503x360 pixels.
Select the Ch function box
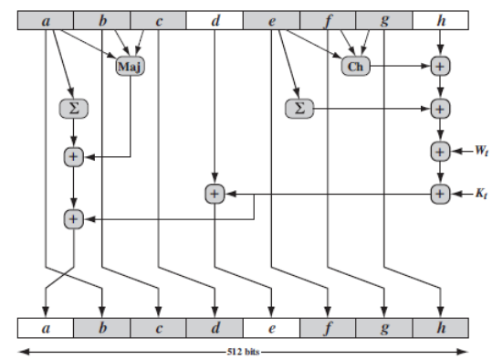click(355, 66)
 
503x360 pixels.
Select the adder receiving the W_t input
click(440, 151)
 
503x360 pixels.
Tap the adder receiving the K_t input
click(440, 194)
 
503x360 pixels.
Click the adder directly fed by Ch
click(440, 66)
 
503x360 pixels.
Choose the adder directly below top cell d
click(214, 194)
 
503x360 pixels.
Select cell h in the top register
click(441, 18)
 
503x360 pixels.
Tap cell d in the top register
click(215, 18)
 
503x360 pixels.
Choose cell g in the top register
click(384, 18)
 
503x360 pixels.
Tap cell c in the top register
click(158, 18)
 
